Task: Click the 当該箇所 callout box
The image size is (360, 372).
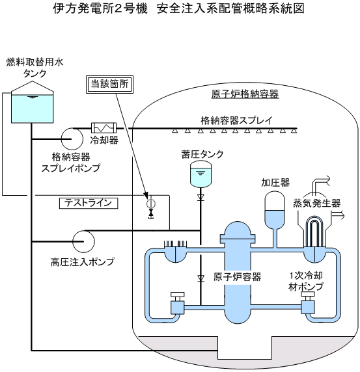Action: point(109,85)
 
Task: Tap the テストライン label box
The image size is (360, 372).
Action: point(89,204)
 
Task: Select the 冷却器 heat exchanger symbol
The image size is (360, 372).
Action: point(104,128)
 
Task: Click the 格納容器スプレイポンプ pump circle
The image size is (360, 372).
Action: point(72,139)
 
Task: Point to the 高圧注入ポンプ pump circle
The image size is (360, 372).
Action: point(83,241)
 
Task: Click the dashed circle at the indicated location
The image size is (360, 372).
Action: point(150,204)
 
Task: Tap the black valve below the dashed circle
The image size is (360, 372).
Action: point(150,213)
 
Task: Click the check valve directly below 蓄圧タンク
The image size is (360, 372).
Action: point(201,197)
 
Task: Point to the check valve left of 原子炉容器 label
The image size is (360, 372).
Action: point(201,278)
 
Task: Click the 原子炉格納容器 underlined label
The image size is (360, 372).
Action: point(245,94)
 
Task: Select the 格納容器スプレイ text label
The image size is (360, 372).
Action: point(236,120)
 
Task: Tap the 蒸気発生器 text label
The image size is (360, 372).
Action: point(316,204)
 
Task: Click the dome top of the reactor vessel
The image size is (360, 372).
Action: point(238,228)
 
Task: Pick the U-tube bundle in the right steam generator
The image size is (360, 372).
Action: point(314,232)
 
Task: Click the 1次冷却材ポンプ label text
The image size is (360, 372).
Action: point(306,281)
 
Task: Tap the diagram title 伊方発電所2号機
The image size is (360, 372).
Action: point(100,9)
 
